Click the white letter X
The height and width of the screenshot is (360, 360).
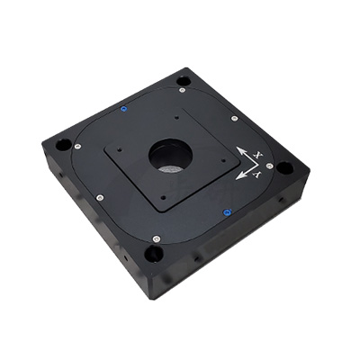tap(256, 155)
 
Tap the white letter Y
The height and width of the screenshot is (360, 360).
tap(256, 175)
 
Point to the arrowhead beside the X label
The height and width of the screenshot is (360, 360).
tap(240, 150)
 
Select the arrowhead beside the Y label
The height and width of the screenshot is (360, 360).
tap(239, 176)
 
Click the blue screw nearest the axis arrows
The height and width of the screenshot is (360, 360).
tap(226, 212)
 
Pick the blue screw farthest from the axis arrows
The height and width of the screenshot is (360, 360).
tap(123, 109)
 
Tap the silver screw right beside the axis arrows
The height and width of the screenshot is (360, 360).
tap(269, 166)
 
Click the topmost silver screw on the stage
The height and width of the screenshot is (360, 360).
tap(181, 90)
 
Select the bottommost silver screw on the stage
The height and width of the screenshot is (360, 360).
tap(156, 238)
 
